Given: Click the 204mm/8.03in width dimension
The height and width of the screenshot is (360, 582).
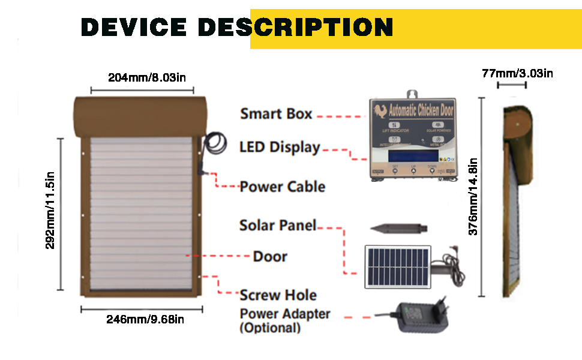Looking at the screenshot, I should point(143,77).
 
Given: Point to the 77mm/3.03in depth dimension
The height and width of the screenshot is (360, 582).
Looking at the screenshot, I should point(517,74).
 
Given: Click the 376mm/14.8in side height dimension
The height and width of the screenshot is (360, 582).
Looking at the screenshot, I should point(473,196).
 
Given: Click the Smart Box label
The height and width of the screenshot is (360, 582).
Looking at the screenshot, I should point(276,113).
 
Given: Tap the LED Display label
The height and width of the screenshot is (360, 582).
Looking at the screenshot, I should point(279,147).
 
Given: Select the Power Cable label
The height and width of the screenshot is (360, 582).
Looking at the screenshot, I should point(282,187).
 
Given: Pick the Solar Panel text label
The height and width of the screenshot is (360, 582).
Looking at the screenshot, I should point(277,226).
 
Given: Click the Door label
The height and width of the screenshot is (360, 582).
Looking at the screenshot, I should point(270,256).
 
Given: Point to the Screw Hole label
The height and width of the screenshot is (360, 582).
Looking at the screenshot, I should point(278,295).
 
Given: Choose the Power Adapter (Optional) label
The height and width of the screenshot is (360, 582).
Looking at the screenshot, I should point(284,320).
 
